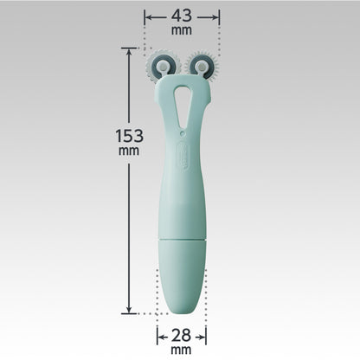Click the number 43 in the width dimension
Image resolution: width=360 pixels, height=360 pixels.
[x=182, y=16]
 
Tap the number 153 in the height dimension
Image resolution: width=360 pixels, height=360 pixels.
[x=129, y=136]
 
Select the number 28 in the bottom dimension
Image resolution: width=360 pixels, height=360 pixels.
[x=181, y=335]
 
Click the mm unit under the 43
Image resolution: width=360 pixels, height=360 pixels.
[x=182, y=30]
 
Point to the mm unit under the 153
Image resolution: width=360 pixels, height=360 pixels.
[x=129, y=151]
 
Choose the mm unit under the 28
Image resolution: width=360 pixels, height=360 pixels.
[x=181, y=350]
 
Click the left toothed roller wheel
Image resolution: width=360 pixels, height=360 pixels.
[x=163, y=67]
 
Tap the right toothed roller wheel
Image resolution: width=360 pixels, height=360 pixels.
[x=202, y=67]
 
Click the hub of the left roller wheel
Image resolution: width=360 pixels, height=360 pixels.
[x=163, y=67]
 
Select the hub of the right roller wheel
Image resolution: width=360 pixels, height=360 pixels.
[x=201, y=67]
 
